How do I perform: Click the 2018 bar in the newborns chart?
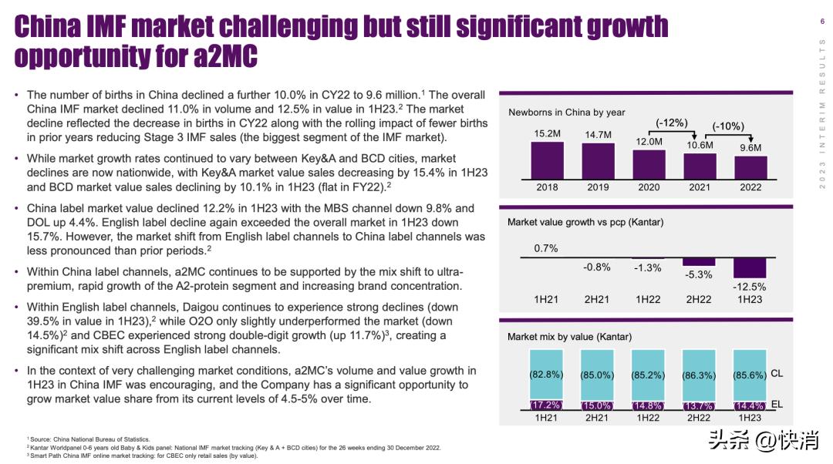coord(546,160)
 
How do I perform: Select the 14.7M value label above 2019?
coord(598,135)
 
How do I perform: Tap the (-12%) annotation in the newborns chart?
coord(671,123)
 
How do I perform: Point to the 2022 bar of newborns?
coord(750,167)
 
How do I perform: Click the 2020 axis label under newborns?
coord(649,188)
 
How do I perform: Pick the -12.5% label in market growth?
coord(750,287)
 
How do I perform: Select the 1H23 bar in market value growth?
coord(750,267)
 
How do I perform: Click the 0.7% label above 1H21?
coord(546,248)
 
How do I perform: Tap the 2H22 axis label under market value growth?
coord(699,299)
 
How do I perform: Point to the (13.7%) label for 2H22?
coord(699,406)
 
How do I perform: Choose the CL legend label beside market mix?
coord(777,373)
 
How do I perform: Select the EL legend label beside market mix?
coord(777,404)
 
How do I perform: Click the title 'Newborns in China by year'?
coord(566,113)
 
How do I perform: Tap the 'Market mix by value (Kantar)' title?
coord(569,337)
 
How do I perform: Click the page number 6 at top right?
coord(821,21)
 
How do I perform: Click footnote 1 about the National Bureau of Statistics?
coord(89,439)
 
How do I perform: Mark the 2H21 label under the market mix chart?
coord(597,418)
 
